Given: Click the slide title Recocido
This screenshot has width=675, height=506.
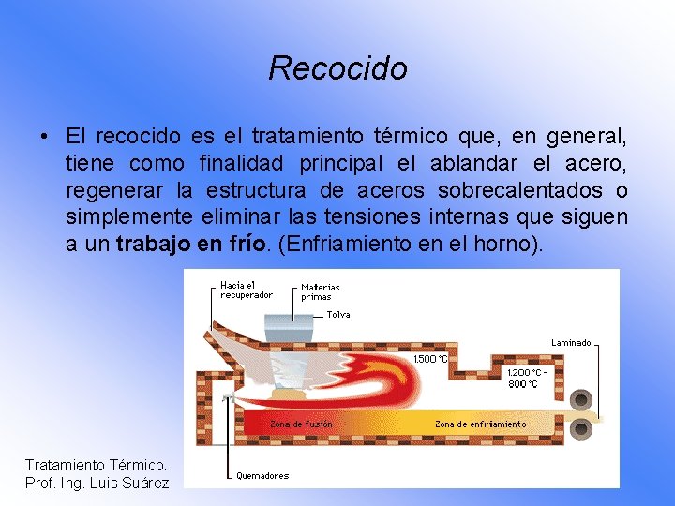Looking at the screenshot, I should [x=337, y=68].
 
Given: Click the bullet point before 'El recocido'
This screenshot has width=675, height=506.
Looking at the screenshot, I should [x=45, y=138].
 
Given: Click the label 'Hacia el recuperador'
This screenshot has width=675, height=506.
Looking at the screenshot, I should [x=246, y=290].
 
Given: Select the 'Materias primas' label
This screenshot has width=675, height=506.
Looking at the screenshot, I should [x=320, y=291].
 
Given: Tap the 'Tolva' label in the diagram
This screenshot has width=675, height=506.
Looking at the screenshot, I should [x=337, y=315].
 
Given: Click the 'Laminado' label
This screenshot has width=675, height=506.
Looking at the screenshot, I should [x=571, y=343].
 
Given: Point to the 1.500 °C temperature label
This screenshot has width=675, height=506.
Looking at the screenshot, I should [x=429, y=359].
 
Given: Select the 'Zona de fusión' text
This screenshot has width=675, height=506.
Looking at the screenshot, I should [x=301, y=424].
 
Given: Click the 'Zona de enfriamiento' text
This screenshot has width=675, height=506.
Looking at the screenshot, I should [x=480, y=424].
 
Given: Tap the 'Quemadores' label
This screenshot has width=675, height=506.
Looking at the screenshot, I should [x=262, y=475].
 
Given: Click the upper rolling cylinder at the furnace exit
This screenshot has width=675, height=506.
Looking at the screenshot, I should [x=581, y=398].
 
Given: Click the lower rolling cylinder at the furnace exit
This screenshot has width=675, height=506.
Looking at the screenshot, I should [x=581, y=430].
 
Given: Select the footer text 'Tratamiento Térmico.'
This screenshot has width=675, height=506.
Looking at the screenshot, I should [x=96, y=465].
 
